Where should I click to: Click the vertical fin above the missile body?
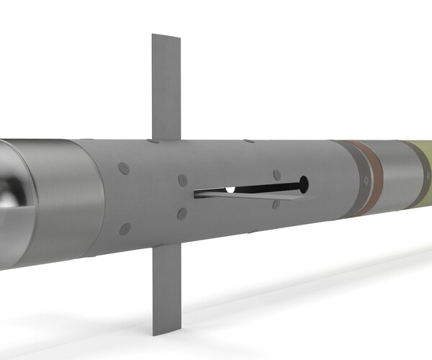pyautogui.click(x=165, y=86)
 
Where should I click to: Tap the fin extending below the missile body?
pyautogui.click(x=163, y=288)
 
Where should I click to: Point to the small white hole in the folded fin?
pyautogui.click(x=230, y=190)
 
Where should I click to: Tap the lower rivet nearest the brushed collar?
pyautogui.click(x=125, y=229)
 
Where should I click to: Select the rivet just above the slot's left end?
pyautogui.click(x=181, y=179)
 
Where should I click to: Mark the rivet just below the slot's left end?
pyautogui.click(x=181, y=214)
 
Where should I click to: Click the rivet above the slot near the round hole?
pyautogui.click(x=276, y=175)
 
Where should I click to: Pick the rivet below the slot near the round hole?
pyautogui.click(x=276, y=204)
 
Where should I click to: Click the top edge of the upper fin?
pyautogui.click(x=165, y=35)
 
